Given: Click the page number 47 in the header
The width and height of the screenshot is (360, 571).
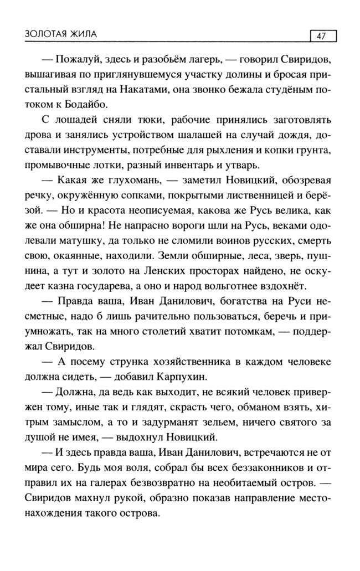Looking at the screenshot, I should [321, 36].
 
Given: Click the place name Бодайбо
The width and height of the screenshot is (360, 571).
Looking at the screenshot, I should [86, 103].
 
